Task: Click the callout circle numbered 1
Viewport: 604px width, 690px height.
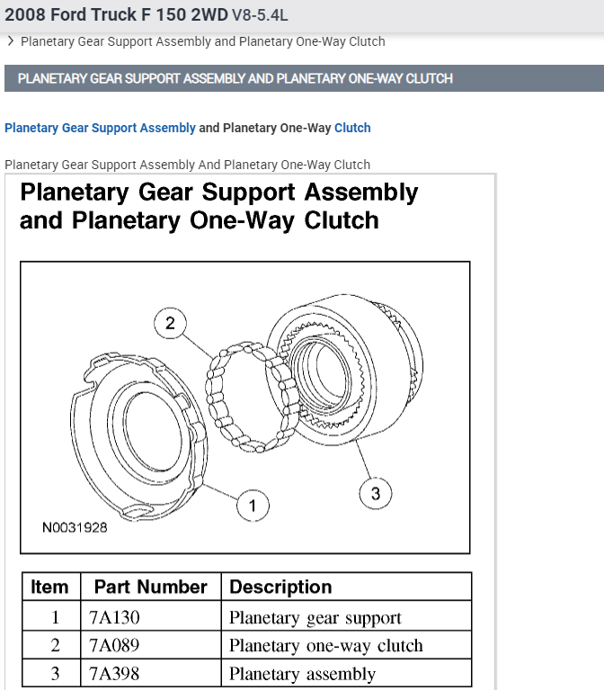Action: point(253,506)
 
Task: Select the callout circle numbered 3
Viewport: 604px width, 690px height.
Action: point(376,493)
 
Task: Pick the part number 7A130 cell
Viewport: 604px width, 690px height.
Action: point(114,617)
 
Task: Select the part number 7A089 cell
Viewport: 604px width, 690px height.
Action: point(114,645)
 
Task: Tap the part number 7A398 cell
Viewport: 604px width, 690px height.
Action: point(114,673)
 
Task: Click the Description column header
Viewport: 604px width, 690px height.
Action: point(280,587)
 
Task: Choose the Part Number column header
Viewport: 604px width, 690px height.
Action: point(150,587)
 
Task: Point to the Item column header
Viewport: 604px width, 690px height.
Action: point(49,587)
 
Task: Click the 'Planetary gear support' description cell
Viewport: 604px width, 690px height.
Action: point(315,617)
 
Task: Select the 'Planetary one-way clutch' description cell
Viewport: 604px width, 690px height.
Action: point(325,645)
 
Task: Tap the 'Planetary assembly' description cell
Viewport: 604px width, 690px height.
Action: point(302,673)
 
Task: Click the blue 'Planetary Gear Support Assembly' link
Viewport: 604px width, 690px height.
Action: point(100,128)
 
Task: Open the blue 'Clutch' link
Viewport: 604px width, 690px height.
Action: point(352,128)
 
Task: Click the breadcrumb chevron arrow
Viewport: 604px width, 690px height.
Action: point(10,41)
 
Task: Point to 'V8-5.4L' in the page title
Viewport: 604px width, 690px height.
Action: point(261,15)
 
